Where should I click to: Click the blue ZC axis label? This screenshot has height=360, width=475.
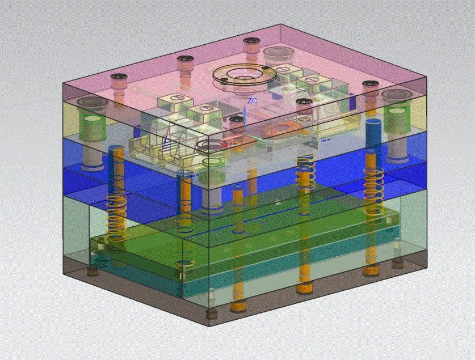pos(252,101)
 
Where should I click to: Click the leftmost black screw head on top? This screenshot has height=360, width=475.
pos(119,77)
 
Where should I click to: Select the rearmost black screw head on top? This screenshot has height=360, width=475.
pos(251,41)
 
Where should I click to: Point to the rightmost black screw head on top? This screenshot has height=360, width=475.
pos(370,84)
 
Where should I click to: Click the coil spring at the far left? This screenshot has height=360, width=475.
pos(115,217)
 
